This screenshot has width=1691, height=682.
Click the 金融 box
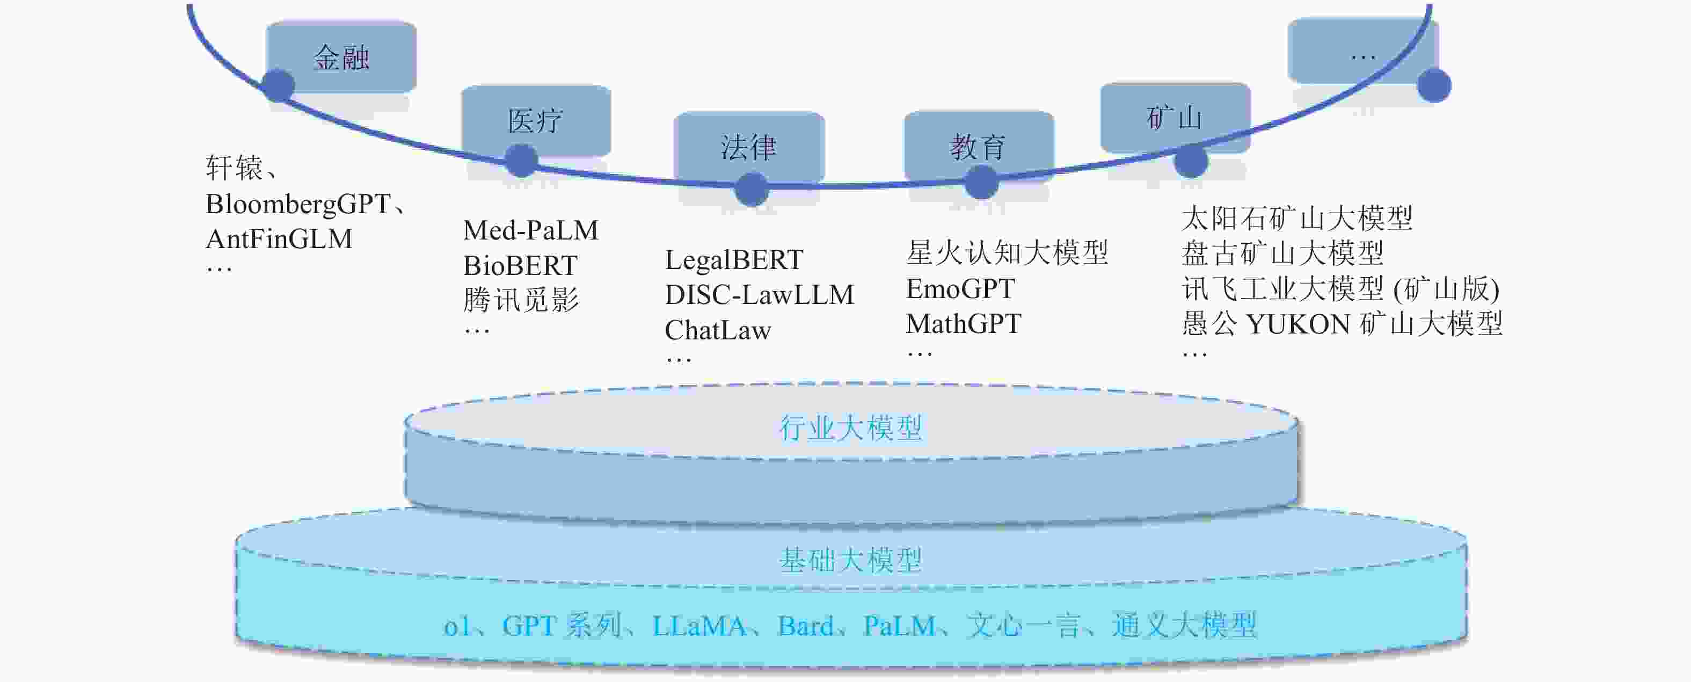pos(341,56)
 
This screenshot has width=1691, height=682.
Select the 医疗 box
pos(536,120)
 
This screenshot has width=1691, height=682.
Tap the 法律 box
pos(749,147)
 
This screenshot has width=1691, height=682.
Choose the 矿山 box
pos(1175,118)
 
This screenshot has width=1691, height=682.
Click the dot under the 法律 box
pos(751,189)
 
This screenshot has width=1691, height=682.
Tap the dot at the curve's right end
pos(1434,85)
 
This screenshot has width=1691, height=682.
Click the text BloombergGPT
pos(298,204)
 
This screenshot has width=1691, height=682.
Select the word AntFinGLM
pos(279,239)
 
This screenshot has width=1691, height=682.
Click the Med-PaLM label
pos(530,230)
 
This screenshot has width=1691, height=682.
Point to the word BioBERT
pos(520,266)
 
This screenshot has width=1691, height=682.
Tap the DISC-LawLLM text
pos(760,295)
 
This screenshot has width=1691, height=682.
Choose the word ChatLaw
pos(718,330)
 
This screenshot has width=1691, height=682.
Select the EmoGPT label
pos(960,289)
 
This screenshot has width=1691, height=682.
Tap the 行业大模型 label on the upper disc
pos(851,427)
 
